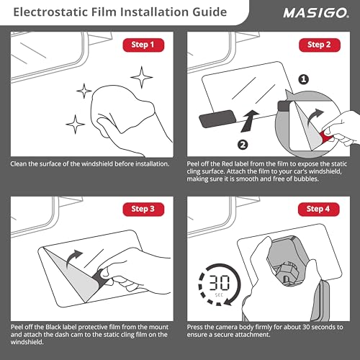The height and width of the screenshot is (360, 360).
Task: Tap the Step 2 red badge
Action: [x=319, y=45]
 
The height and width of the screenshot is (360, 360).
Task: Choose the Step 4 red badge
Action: [x=319, y=210]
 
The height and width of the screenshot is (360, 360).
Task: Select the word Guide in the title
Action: [x=204, y=13]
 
